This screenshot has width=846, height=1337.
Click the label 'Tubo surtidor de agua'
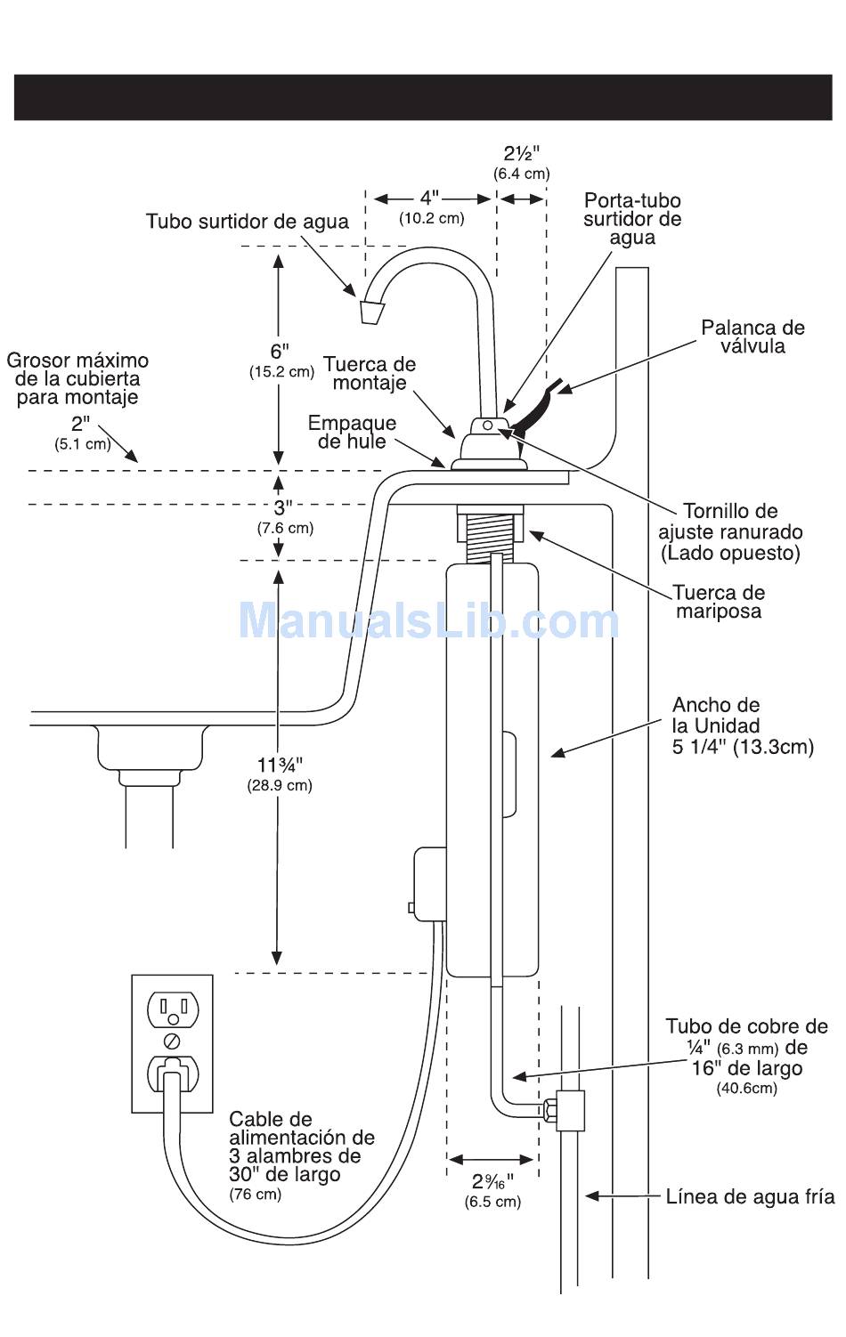click(x=247, y=222)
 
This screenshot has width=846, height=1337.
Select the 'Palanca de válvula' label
click(x=752, y=336)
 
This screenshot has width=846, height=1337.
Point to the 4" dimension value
click(x=430, y=198)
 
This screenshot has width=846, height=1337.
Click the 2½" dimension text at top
click(x=521, y=153)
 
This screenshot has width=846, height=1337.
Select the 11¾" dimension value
click(x=280, y=766)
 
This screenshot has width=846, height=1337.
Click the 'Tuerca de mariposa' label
click(x=718, y=602)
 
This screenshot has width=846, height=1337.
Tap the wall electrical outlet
click(x=173, y=1042)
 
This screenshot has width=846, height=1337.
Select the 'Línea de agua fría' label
click(x=750, y=1197)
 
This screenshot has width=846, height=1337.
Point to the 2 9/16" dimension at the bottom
click(x=492, y=1183)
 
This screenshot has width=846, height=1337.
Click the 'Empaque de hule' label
click(x=352, y=432)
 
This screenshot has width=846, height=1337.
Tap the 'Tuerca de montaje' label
click(x=369, y=373)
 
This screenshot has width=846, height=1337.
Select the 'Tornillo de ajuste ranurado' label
click(x=730, y=531)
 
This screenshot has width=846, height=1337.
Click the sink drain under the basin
click(x=151, y=748)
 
